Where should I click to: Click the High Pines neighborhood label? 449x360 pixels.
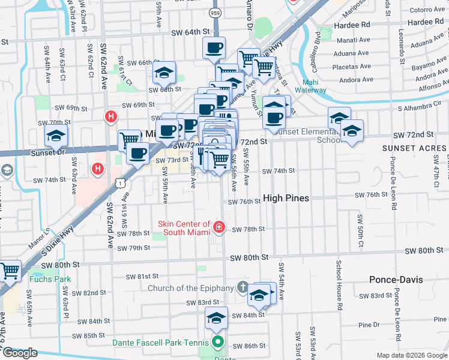(x=286, y=198)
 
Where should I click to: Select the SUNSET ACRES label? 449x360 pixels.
(x=414, y=147)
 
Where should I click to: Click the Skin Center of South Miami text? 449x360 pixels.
(x=184, y=228)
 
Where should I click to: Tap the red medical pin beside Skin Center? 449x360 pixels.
(x=219, y=227)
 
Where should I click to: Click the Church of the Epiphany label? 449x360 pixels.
(x=190, y=288)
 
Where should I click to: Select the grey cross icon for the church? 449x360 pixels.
(x=243, y=287)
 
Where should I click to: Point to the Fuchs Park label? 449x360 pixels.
(x=49, y=279)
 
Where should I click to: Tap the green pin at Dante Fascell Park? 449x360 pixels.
(x=217, y=344)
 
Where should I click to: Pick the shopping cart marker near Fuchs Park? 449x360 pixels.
(x=9, y=271)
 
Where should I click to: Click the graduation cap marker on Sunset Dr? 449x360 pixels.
(x=56, y=137)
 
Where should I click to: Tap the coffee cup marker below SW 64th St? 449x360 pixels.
(x=214, y=48)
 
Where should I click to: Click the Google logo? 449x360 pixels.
(x=20, y=353)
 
